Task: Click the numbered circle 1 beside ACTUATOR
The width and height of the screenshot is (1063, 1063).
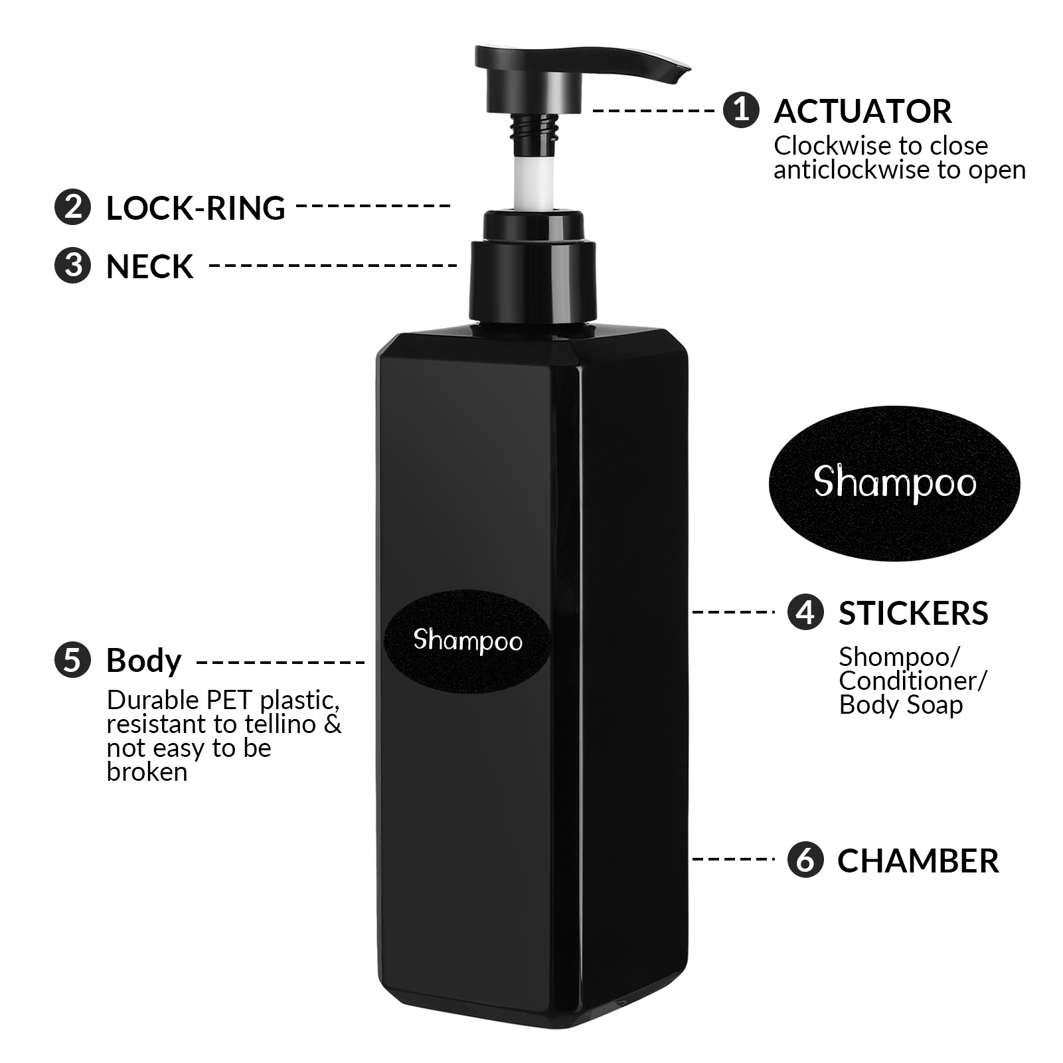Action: [x=741, y=110]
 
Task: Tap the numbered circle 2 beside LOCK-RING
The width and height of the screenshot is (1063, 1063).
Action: [x=72, y=207]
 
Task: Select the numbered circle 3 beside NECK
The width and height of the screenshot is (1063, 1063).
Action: [x=72, y=266]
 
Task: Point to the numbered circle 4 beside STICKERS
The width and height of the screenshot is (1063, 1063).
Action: [x=805, y=612]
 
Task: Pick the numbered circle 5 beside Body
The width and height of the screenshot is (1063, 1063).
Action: [x=72, y=661]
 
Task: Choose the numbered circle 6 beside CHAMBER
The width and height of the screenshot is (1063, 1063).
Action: [x=805, y=860]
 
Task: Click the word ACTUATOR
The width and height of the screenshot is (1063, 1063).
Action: [x=862, y=111]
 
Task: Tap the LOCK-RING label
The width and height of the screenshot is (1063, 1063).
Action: [x=195, y=208]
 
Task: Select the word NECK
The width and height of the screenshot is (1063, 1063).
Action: [x=150, y=266]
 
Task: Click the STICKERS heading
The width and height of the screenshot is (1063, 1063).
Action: [x=913, y=613]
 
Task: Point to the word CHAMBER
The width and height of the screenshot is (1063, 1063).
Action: [x=918, y=860]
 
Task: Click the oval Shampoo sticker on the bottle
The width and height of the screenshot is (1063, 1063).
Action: [x=467, y=640]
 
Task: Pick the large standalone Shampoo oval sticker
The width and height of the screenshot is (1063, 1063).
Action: [x=894, y=483]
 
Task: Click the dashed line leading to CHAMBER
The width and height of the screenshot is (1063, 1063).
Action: [x=733, y=859]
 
